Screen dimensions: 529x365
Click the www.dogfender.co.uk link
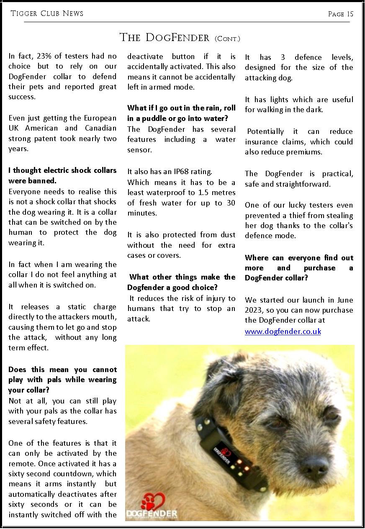click(283, 331)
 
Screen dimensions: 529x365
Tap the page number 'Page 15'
click(341, 14)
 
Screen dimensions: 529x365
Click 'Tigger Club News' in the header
click(47, 13)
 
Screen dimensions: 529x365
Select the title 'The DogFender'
click(164, 38)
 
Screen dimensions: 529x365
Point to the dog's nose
click(315, 464)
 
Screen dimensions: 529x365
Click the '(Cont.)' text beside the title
click(227, 39)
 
